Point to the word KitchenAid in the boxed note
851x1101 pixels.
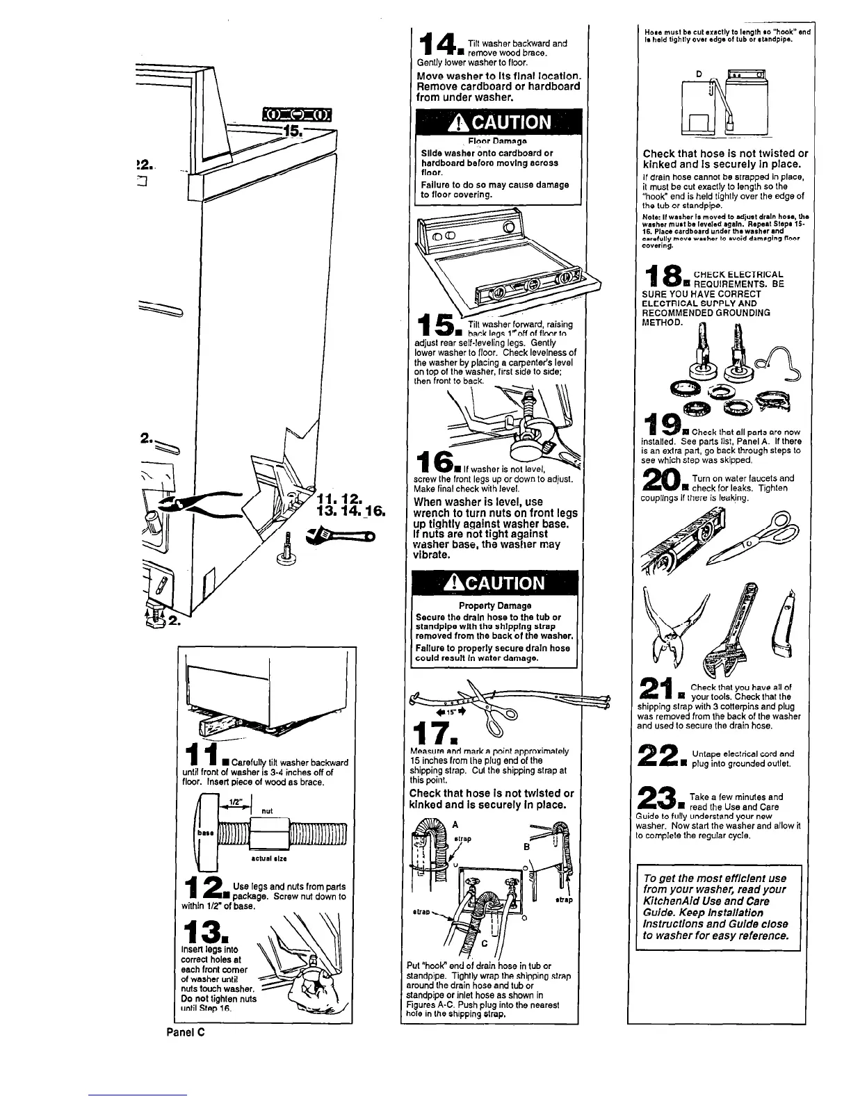pyautogui.click(x=673, y=901)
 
